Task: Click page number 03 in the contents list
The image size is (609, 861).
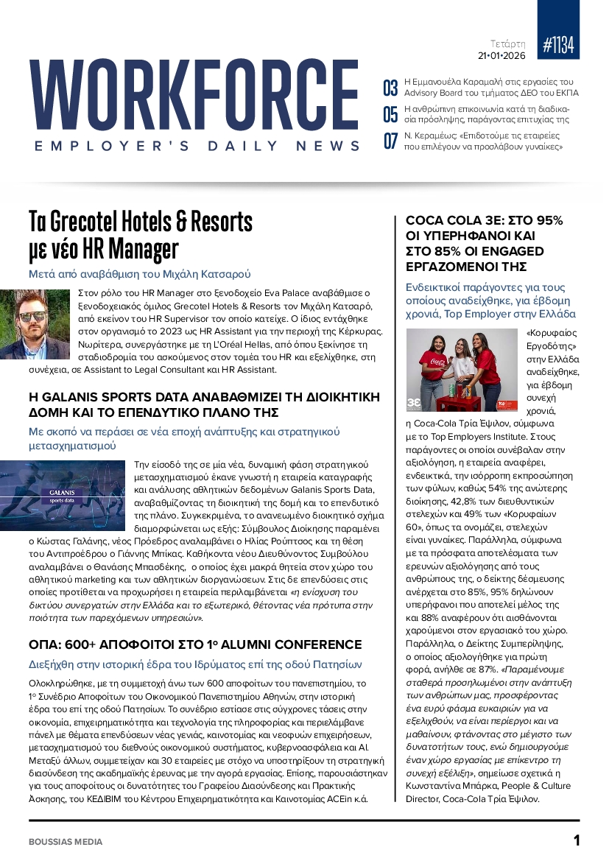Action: (390, 88)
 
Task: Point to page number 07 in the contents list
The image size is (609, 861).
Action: (390, 141)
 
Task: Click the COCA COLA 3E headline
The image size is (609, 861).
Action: (479, 243)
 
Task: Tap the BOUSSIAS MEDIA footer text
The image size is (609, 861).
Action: (66, 841)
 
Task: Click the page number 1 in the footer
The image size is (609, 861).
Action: (577, 840)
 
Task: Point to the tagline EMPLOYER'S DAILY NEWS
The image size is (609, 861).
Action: (197, 147)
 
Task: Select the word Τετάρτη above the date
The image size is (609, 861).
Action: (508, 43)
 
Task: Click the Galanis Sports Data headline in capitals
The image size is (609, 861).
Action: (204, 404)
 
